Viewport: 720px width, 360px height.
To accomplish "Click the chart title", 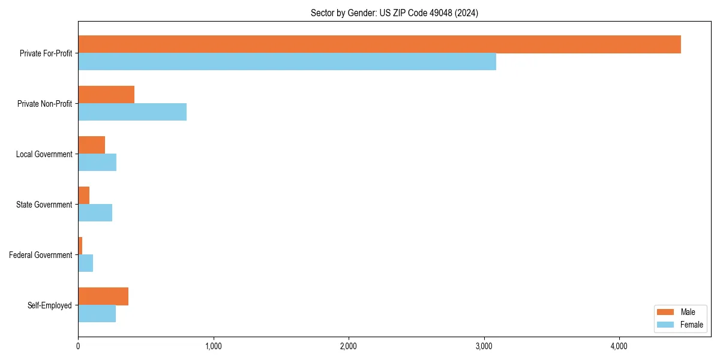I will [x=394, y=13].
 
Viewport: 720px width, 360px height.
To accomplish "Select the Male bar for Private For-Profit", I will [x=379, y=44].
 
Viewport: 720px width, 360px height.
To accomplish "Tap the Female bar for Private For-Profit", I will [x=287, y=62].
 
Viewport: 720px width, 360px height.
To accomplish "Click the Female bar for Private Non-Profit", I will [x=132, y=112].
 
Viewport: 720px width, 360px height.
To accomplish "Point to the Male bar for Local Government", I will [x=91, y=145].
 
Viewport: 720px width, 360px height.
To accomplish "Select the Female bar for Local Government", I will [x=97, y=163].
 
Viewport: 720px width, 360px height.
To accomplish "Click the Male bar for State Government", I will [x=83, y=196].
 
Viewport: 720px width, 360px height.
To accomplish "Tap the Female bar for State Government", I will [x=95, y=213].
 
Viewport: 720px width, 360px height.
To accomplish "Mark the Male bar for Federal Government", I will [x=80, y=246].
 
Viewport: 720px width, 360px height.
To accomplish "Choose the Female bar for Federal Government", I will [x=85, y=263].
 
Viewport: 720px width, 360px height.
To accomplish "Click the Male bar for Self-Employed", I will [x=103, y=296].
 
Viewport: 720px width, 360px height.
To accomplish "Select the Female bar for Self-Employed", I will [x=97, y=314].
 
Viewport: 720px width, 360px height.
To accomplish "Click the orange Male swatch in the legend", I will [x=666, y=312].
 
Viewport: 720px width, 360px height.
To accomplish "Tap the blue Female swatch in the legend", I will [x=666, y=325].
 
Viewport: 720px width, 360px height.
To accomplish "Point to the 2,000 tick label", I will [x=349, y=346].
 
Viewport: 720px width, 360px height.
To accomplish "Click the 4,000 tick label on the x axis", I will [x=619, y=346].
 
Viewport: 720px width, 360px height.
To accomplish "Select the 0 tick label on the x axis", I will [x=78, y=346].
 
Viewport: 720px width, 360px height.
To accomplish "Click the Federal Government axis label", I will [x=41, y=255].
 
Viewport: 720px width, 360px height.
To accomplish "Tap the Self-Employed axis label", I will [x=50, y=305].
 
